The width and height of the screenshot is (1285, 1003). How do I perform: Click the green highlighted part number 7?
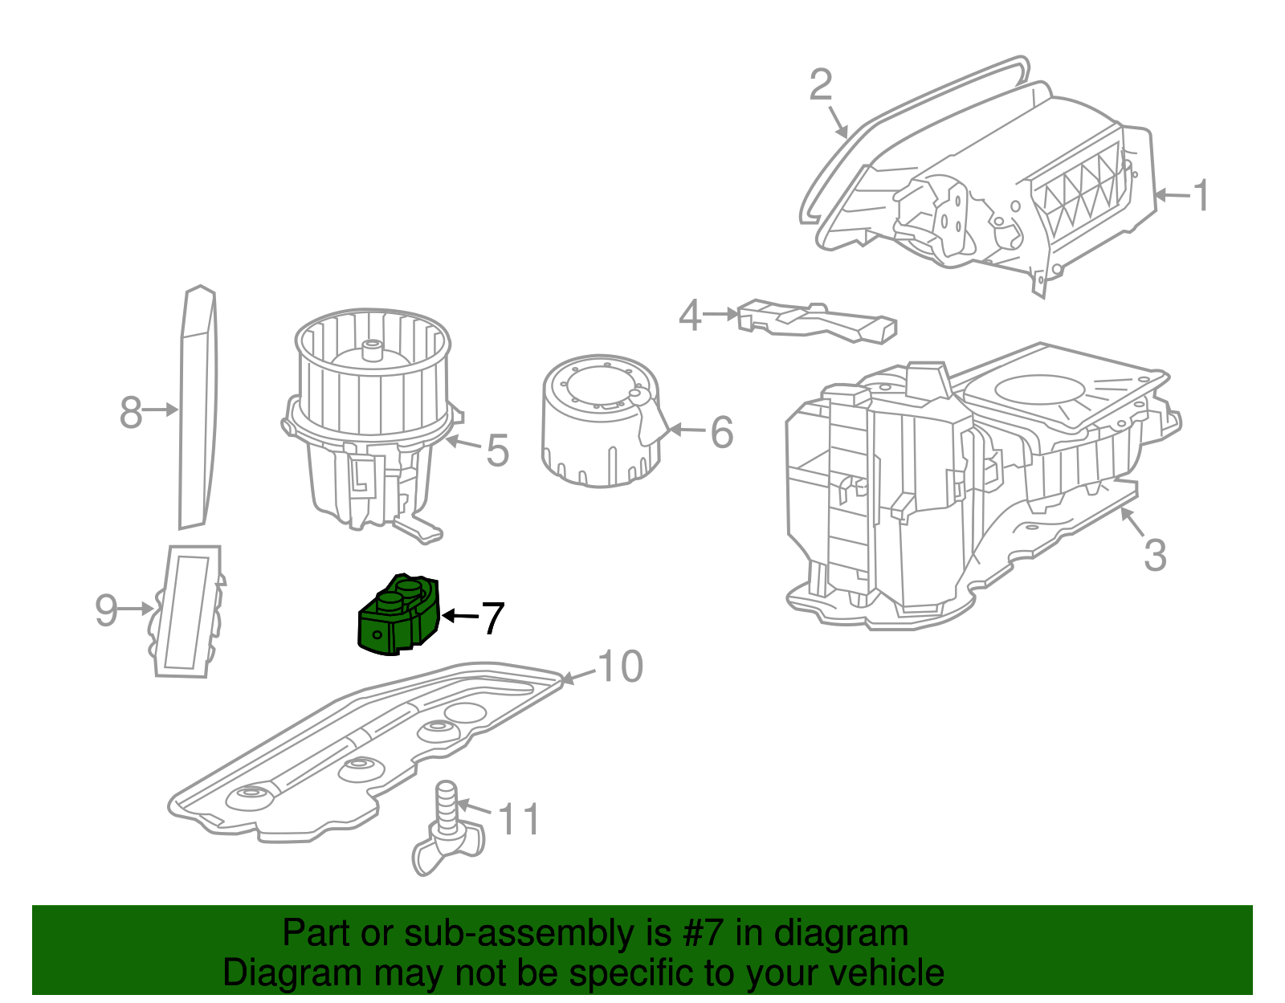pos(398,614)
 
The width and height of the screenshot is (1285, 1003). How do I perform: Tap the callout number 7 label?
pos(492,618)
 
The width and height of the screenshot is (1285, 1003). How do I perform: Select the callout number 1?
pos(1201,196)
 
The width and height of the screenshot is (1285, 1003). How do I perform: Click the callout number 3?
pos(1155,555)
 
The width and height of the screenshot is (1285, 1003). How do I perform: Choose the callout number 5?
pos(497,451)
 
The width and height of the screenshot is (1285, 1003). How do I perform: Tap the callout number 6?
pos(721,432)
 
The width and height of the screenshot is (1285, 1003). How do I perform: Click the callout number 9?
pos(107,610)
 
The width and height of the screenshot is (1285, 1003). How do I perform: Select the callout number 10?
pos(620,666)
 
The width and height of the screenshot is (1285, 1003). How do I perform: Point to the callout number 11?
pos(519,819)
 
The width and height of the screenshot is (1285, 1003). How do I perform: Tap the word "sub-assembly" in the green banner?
pos(537,932)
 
